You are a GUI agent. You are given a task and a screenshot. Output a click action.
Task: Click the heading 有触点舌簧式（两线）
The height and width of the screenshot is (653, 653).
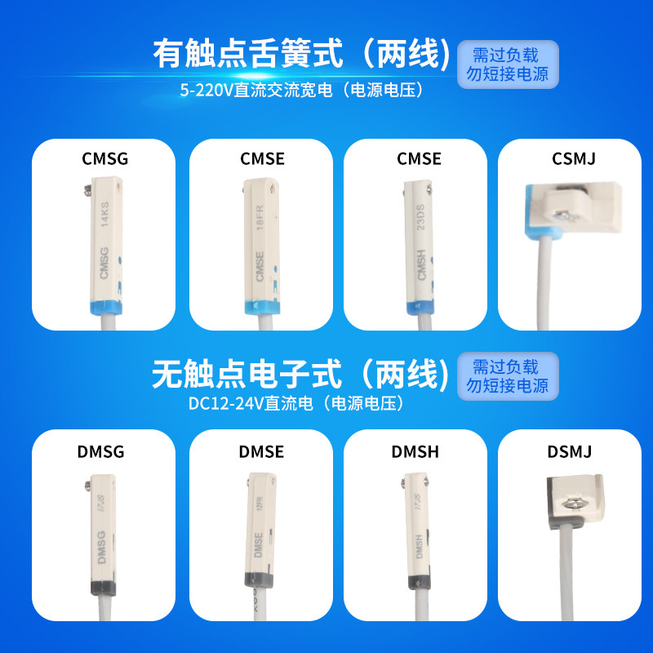coord(302,54)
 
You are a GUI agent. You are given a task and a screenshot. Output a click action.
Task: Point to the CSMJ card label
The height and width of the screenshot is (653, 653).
coord(574,158)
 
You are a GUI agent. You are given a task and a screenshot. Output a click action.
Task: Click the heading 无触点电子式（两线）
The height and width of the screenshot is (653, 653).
coord(301,374)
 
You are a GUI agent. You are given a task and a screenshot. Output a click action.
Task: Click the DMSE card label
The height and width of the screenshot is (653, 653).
coord(262,451)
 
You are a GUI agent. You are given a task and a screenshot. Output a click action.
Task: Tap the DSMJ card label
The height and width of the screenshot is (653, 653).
coord(571,451)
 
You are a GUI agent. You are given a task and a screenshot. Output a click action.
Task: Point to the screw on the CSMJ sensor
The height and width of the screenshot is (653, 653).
coord(564,214)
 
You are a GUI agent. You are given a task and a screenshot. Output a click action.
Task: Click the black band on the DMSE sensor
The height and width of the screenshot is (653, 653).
coord(260,580)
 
